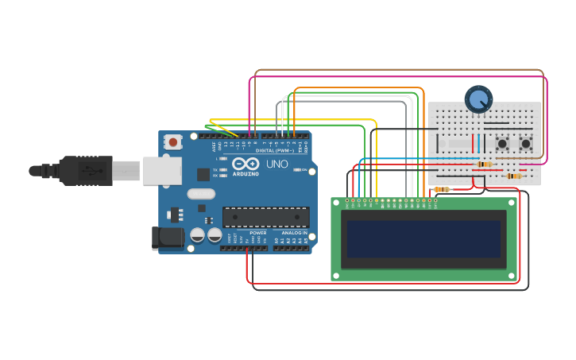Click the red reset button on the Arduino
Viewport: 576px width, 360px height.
[x=172, y=142]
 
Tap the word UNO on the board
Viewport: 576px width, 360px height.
[x=276, y=164]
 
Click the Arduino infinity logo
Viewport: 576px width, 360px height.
[x=245, y=164]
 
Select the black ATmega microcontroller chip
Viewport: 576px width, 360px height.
[x=265, y=217]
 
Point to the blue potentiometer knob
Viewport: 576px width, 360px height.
[x=478, y=99]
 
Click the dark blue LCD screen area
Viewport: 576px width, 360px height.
[x=423, y=238]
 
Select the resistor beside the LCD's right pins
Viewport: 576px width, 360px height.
[x=442, y=189]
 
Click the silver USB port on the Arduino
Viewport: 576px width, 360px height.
[x=162, y=171]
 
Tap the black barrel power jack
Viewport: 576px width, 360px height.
[x=162, y=237]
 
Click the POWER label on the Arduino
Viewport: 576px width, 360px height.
[x=257, y=233]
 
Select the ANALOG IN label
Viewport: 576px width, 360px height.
[x=294, y=233]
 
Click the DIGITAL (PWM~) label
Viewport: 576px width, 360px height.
[x=274, y=150]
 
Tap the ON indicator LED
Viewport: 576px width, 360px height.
[x=301, y=169]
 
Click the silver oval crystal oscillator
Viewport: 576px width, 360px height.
[x=201, y=193]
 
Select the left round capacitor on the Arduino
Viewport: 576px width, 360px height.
[x=198, y=235]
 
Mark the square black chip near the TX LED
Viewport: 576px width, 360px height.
[x=203, y=174]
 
